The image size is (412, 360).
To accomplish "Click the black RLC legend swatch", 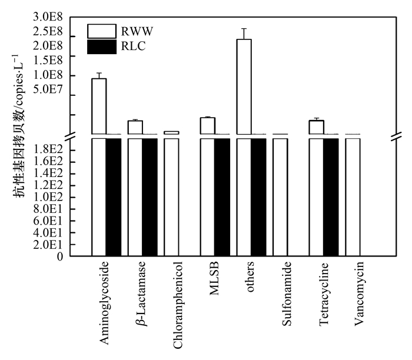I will pos(101,47).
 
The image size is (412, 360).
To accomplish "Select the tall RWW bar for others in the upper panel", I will pos(244,86).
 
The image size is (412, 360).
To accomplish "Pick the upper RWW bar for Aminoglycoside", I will pos(99,106).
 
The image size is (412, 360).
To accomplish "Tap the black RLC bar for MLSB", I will pos(222,196).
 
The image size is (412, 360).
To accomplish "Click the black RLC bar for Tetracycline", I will pos(331,196).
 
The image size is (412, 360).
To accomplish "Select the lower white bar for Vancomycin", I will pos(353,196).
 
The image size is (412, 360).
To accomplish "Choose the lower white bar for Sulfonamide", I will pos(280,196).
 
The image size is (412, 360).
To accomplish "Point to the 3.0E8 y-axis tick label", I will pos(48,18).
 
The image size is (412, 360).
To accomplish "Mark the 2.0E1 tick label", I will pos(48,244).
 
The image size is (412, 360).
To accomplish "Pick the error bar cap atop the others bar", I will pos(244,28).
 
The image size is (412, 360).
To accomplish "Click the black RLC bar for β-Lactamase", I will pos(149,196).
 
